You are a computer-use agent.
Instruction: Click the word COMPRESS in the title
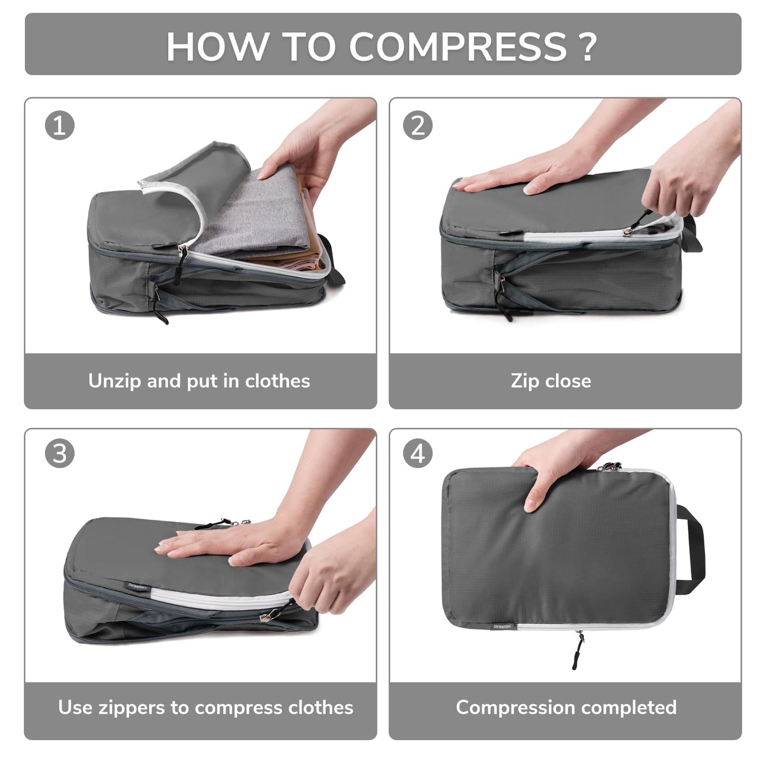pos(457,47)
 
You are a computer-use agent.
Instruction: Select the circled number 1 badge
pos(59,125)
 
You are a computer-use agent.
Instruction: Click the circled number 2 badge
pos(418,125)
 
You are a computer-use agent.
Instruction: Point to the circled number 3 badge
pos(59,454)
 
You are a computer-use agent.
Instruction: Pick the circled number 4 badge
pos(418,454)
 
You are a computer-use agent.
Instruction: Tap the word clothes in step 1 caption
pos(277,381)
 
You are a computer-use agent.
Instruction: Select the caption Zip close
pos(551,381)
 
